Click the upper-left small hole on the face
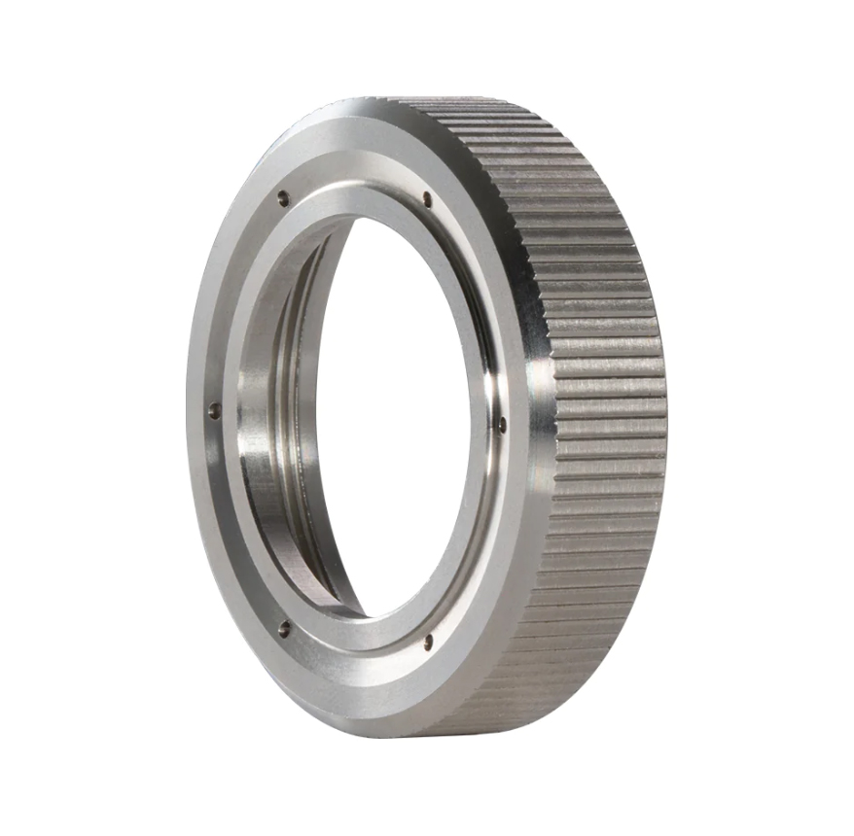pos(283,197)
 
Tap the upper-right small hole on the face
pos(427,200)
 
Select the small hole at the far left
pos(214,411)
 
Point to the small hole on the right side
pos(501,424)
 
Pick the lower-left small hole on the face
pos(284,628)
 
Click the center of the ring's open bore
pos(399,418)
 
